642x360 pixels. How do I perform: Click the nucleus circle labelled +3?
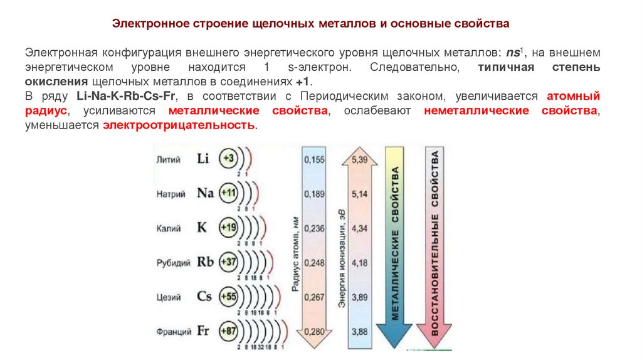click(228, 159)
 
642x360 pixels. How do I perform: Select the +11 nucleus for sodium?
click(228, 193)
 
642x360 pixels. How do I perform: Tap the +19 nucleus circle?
click(228, 228)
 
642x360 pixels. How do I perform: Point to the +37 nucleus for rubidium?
click(228, 262)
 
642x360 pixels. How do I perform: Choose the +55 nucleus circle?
click(228, 296)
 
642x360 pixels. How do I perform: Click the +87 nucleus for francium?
click(228, 331)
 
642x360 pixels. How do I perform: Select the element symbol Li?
click(203, 159)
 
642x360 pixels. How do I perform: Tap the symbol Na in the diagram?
click(205, 193)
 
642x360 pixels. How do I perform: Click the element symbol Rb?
click(205, 262)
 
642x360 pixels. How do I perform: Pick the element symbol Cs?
click(204, 296)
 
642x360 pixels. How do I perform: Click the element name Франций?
click(173, 331)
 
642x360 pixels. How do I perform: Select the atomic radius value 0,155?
click(314, 160)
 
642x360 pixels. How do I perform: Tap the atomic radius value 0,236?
click(314, 228)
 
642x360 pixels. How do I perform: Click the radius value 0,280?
click(314, 331)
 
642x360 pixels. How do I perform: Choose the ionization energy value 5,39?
click(359, 160)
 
